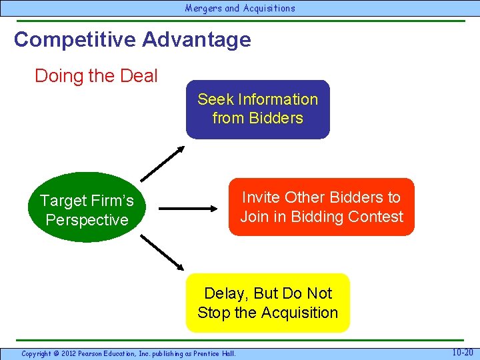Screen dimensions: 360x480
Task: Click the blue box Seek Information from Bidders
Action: (x=257, y=109)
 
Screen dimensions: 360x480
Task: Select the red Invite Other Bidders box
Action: (x=321, y=207)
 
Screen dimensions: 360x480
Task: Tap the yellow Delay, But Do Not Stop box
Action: (x=267, y=303)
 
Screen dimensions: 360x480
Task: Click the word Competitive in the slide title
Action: (x=74, y=39)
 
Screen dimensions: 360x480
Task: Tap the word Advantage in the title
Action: (x=196, y=39)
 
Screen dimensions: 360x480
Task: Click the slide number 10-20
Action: (x=463, y=352)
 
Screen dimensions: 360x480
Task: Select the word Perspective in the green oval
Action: (x=87, y=219)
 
